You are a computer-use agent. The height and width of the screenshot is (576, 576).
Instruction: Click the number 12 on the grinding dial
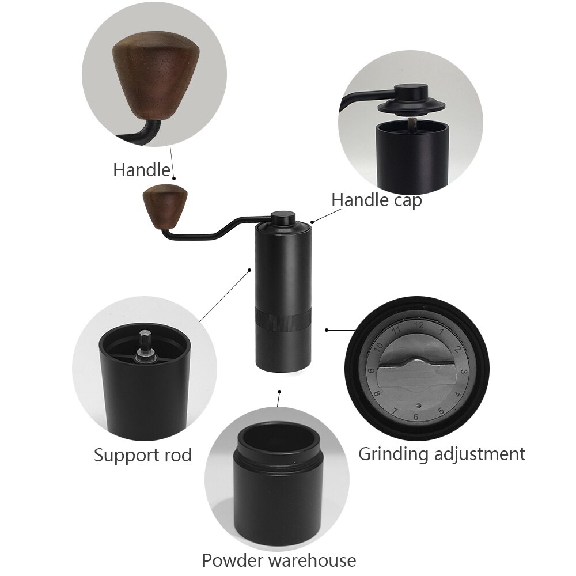pyautogui.click(x=418, y=327)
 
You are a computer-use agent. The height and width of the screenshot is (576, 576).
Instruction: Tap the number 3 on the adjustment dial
pyautogui.click(x=464, y=372)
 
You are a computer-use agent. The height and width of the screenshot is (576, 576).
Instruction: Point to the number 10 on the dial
pyautogui.click(x=378, y=347)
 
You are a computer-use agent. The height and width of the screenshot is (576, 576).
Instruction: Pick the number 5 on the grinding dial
pyautogui.click(x=441, y=411)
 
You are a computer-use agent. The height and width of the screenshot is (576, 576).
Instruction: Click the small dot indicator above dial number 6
pyautogui.click(x=419, y=404)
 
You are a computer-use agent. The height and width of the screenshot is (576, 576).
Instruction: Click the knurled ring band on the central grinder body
pyautogui.click(x=282, y=318)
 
